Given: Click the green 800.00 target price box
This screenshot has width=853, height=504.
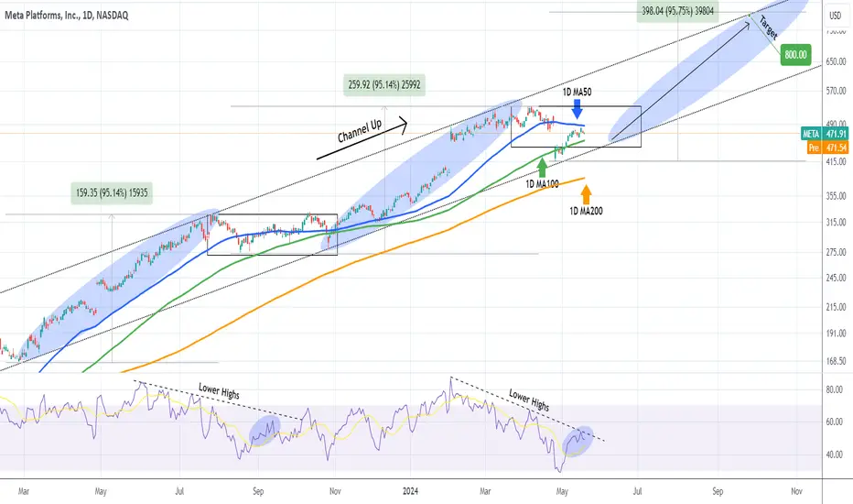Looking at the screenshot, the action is click(x=795, y=54).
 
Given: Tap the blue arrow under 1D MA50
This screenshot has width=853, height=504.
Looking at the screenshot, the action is click(x=578, y=109).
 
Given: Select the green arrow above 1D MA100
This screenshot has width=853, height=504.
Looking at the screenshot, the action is click(x=542, y=168).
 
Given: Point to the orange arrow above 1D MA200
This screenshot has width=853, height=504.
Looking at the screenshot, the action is click(x=586, y=194).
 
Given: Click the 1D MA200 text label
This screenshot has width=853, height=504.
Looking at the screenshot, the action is click(x=586, y=211).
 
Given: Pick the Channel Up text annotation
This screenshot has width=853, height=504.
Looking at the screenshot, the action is click(x=360, y=131).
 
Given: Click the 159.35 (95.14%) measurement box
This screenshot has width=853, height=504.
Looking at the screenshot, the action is click(x=112, y=192).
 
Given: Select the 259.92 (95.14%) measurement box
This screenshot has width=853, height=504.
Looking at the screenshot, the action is click(x=384, y=85).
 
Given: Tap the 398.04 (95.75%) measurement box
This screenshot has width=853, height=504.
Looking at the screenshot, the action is click(x=677, y=11).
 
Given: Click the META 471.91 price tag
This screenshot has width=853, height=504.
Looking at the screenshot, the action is click(x=825, y=134).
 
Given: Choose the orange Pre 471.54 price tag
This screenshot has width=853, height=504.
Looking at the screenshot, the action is click(x=827, y=148).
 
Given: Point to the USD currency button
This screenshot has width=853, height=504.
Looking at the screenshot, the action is click(x=835, y=16).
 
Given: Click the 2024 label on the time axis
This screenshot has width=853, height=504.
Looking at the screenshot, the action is click(x=410, y=491).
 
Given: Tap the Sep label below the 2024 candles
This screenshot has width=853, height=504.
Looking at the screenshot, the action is click(x=718, y=491).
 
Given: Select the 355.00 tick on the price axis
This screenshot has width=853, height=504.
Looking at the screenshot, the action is click(x=836, y=195).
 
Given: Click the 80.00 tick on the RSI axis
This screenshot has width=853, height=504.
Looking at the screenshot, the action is click(x=835, y=389).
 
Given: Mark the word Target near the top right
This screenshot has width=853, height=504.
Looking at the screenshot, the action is click(x=768, y=27).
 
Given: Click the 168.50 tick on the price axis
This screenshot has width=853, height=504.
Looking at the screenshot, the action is click(x=836, y=361).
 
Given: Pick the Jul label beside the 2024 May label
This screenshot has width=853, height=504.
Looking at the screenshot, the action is click(x=637, y=491).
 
